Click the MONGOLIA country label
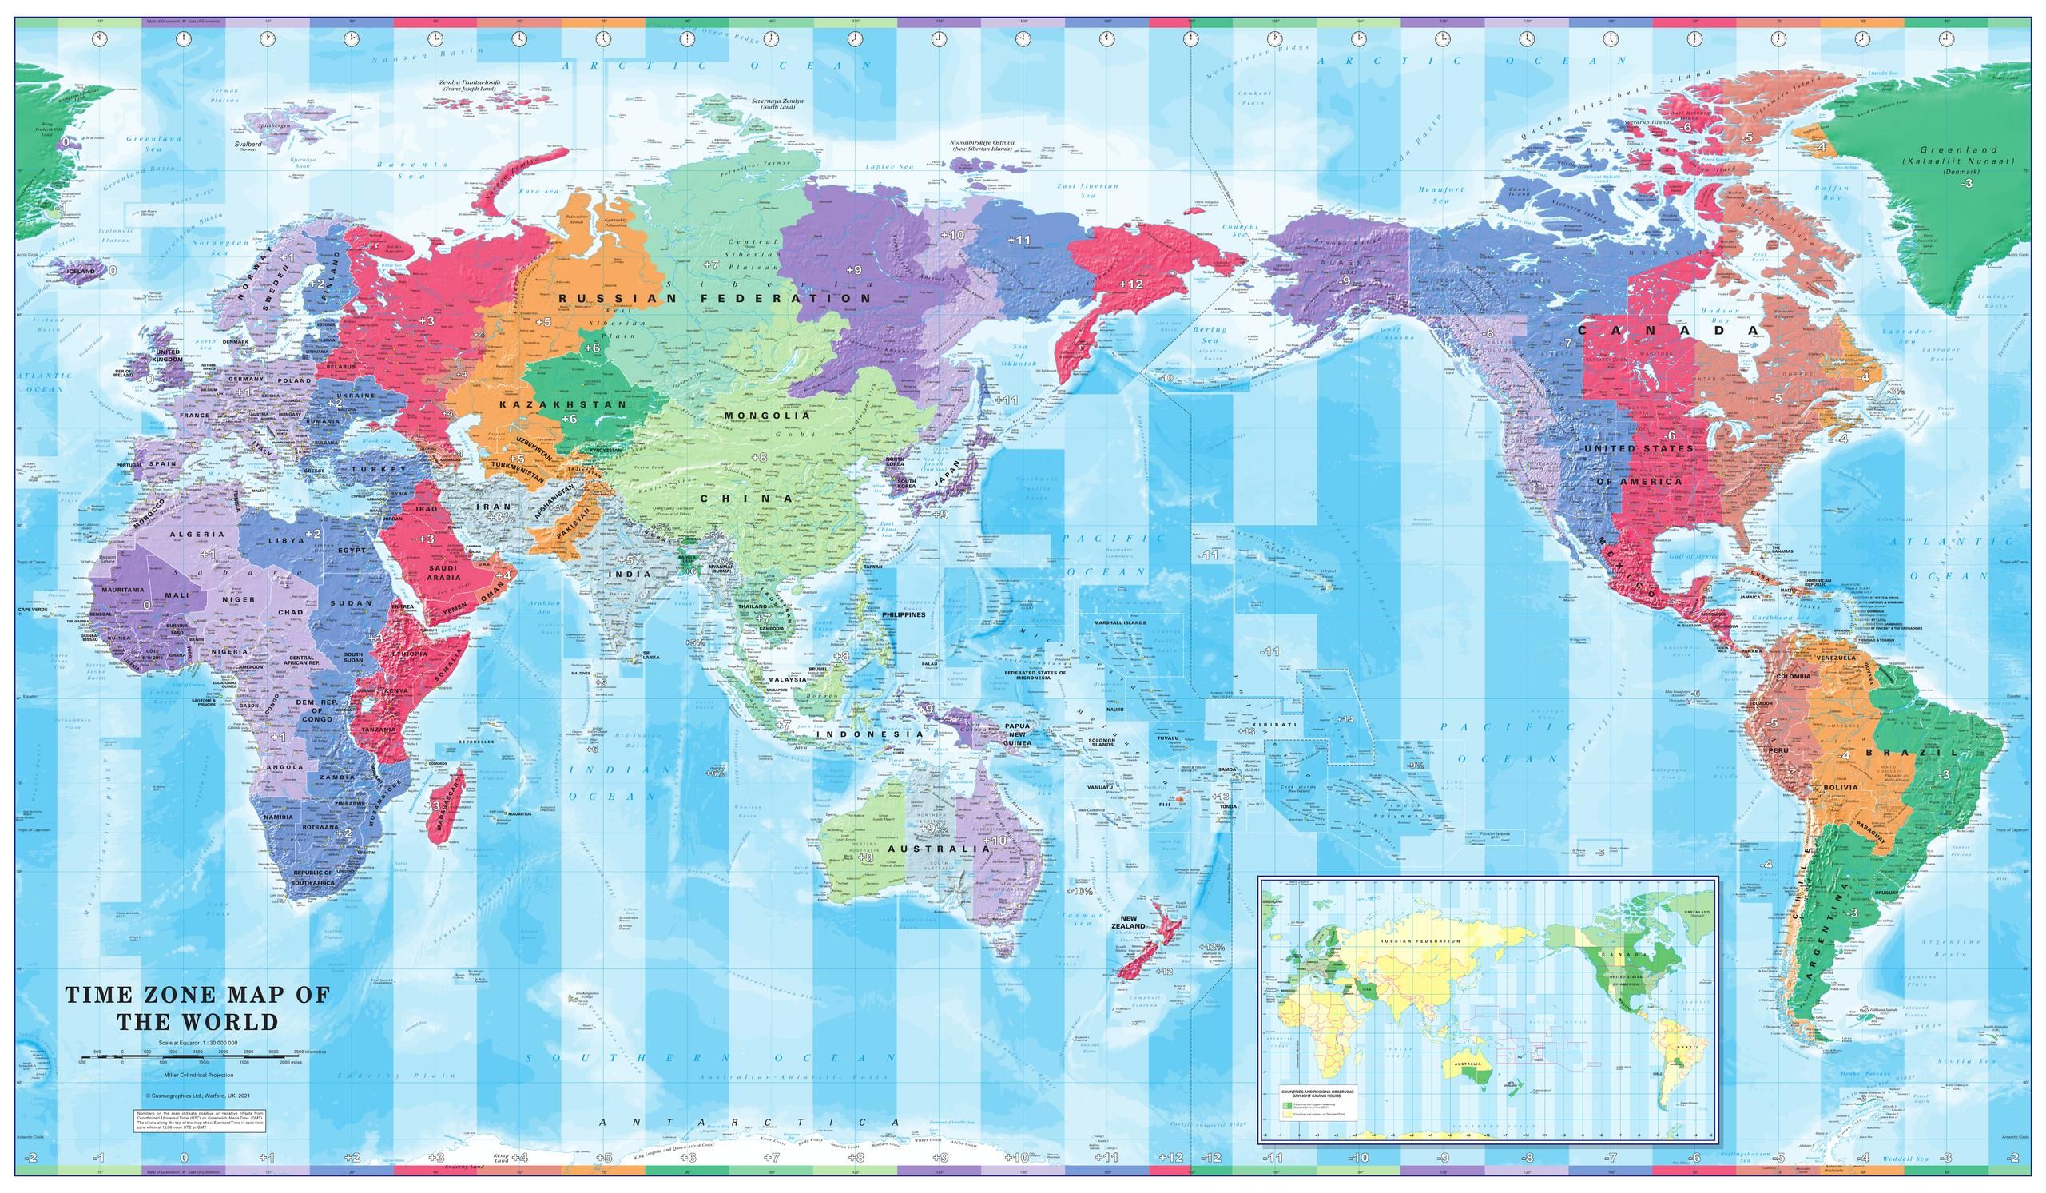tap(767, 415)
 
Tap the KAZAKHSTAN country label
tap(562, 404)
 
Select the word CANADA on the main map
tap(1668, 331)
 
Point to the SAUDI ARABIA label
tap(444, 572)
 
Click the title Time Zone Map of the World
tap(197, 1007)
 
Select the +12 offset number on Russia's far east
tap(1130, 284)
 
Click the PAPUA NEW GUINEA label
tap(1017, 734)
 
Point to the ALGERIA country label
tap(197, 535)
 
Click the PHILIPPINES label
tap(903, 614)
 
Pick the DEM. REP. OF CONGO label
tap(322, 710)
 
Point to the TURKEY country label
tap(379, 469)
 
